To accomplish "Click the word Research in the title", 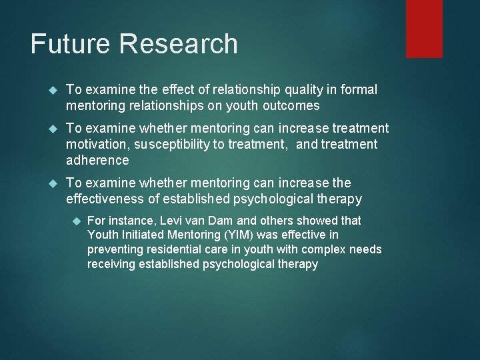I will pyautogui.click(x=180, y=45).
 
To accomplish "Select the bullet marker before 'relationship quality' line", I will pyautogui.click(x=56, y=90).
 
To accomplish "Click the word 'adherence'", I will pyautogui.click(x=97, y=160).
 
